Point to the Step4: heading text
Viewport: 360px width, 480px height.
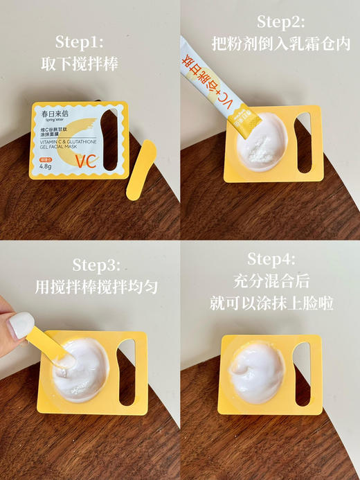pos(271,259)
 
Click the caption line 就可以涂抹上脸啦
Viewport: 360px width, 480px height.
pos(271,303)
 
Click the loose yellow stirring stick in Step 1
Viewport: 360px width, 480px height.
pos(141,170)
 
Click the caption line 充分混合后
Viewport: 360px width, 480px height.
pos(271,281)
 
